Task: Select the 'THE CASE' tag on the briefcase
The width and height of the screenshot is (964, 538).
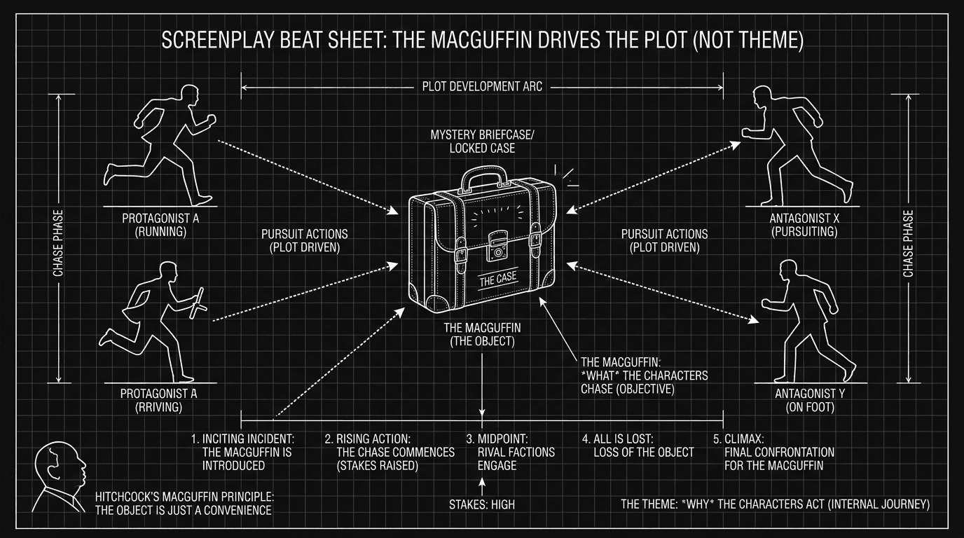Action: click(498, 278)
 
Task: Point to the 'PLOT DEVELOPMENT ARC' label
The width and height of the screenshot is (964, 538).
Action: click(482, 87)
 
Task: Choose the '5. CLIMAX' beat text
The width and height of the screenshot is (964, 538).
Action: click(769, 452)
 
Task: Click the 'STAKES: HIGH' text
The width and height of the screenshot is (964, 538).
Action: click(482, 504)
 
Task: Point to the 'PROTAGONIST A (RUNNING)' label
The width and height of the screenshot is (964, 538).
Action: click(160, 225)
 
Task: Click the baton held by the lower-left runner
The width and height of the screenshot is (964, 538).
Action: click(199, 300)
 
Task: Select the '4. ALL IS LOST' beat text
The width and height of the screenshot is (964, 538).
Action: click(638, 446)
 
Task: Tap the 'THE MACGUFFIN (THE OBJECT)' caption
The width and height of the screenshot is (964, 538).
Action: click(482, 335)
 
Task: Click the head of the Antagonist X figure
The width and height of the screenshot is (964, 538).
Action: click(765, 97)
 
